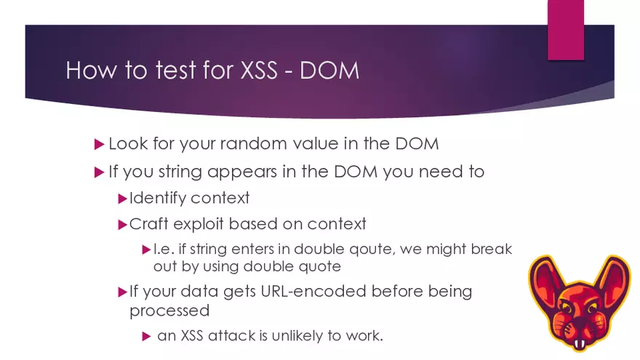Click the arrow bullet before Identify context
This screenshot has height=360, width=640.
[x=122, y=198]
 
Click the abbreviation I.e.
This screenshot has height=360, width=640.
[x=162, y=249]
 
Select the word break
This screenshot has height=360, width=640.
[x=492, y=249]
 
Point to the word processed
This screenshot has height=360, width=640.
[x=169, y=311]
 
